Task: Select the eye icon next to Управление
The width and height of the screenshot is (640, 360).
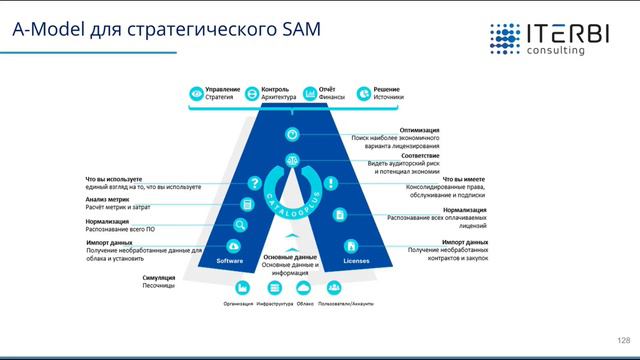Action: tap(195, 94)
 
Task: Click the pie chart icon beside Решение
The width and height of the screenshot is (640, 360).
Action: tap(364, 94)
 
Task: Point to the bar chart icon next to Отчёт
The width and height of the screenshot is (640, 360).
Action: tap(310, 94)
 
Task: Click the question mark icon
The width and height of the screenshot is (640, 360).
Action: tap(255, 183)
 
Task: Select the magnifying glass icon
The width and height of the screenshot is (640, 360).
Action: tap(241, 225)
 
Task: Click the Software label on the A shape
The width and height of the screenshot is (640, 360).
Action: tap(231, 261)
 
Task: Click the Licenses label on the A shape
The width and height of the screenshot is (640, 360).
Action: tap(356, 261)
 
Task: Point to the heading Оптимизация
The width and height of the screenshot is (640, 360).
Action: tap(419, 129)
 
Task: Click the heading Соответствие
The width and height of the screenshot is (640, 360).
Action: tap(419, 156)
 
